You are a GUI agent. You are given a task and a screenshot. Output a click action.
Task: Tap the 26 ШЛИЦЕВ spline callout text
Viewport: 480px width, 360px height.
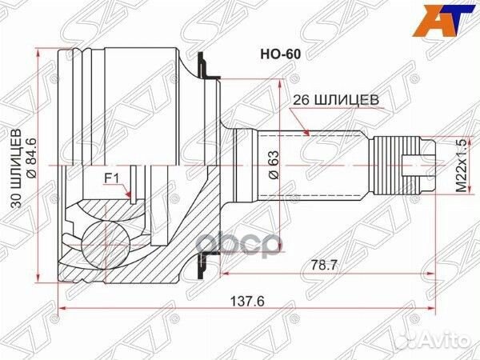(x=329, y=101)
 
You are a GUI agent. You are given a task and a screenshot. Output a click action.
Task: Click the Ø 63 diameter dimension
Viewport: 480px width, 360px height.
(x=272, y=164)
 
